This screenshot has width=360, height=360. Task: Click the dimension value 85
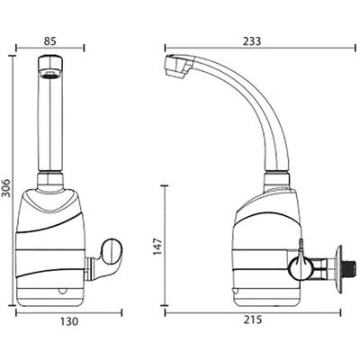click(50, 41)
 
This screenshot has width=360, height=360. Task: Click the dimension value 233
click(252, 41)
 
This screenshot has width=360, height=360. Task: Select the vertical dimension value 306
click(6, 188)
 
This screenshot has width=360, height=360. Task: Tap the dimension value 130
click(69, 321)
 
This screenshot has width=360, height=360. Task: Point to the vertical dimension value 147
click(157, 247)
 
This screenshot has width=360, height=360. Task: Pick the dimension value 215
click(253, 319)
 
